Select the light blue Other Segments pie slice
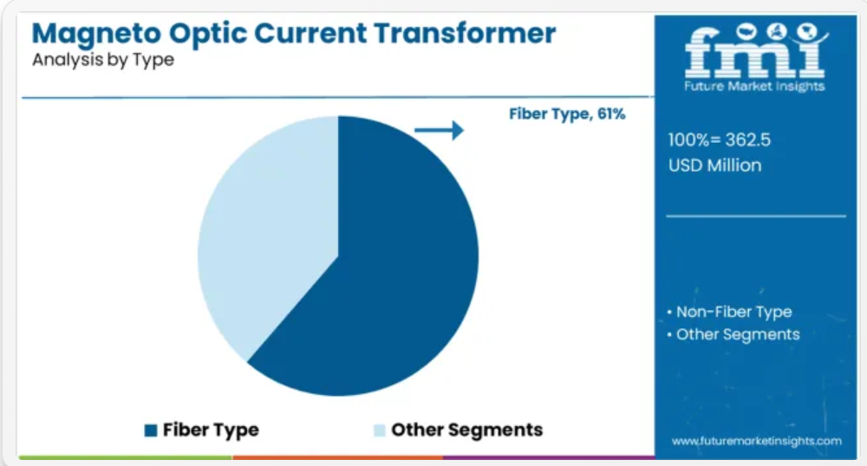(271, 232)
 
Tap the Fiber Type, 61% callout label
(567, 113)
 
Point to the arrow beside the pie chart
(439, 130)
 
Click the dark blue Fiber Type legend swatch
(151, 430)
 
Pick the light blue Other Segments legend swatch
(380, 430)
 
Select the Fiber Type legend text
(211, 430)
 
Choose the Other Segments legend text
(466, 430)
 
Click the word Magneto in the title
(96, 35)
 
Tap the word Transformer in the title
(465, 33)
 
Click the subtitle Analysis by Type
(103, 60)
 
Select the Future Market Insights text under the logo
(754, 86)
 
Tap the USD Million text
(715, 165)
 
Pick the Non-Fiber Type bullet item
(729, 312)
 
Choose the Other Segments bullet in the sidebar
(733, 334)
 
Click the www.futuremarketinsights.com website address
(756, 441)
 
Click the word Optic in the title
(208, 35)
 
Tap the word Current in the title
(310, 33)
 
